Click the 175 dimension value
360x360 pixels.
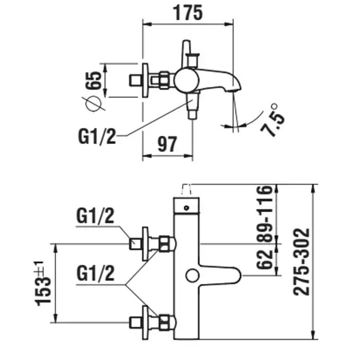pos(188,11)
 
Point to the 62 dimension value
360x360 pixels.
pos(266,259)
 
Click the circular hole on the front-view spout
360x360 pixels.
pos(192,276)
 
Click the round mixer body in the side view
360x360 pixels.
pos(184,79)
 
